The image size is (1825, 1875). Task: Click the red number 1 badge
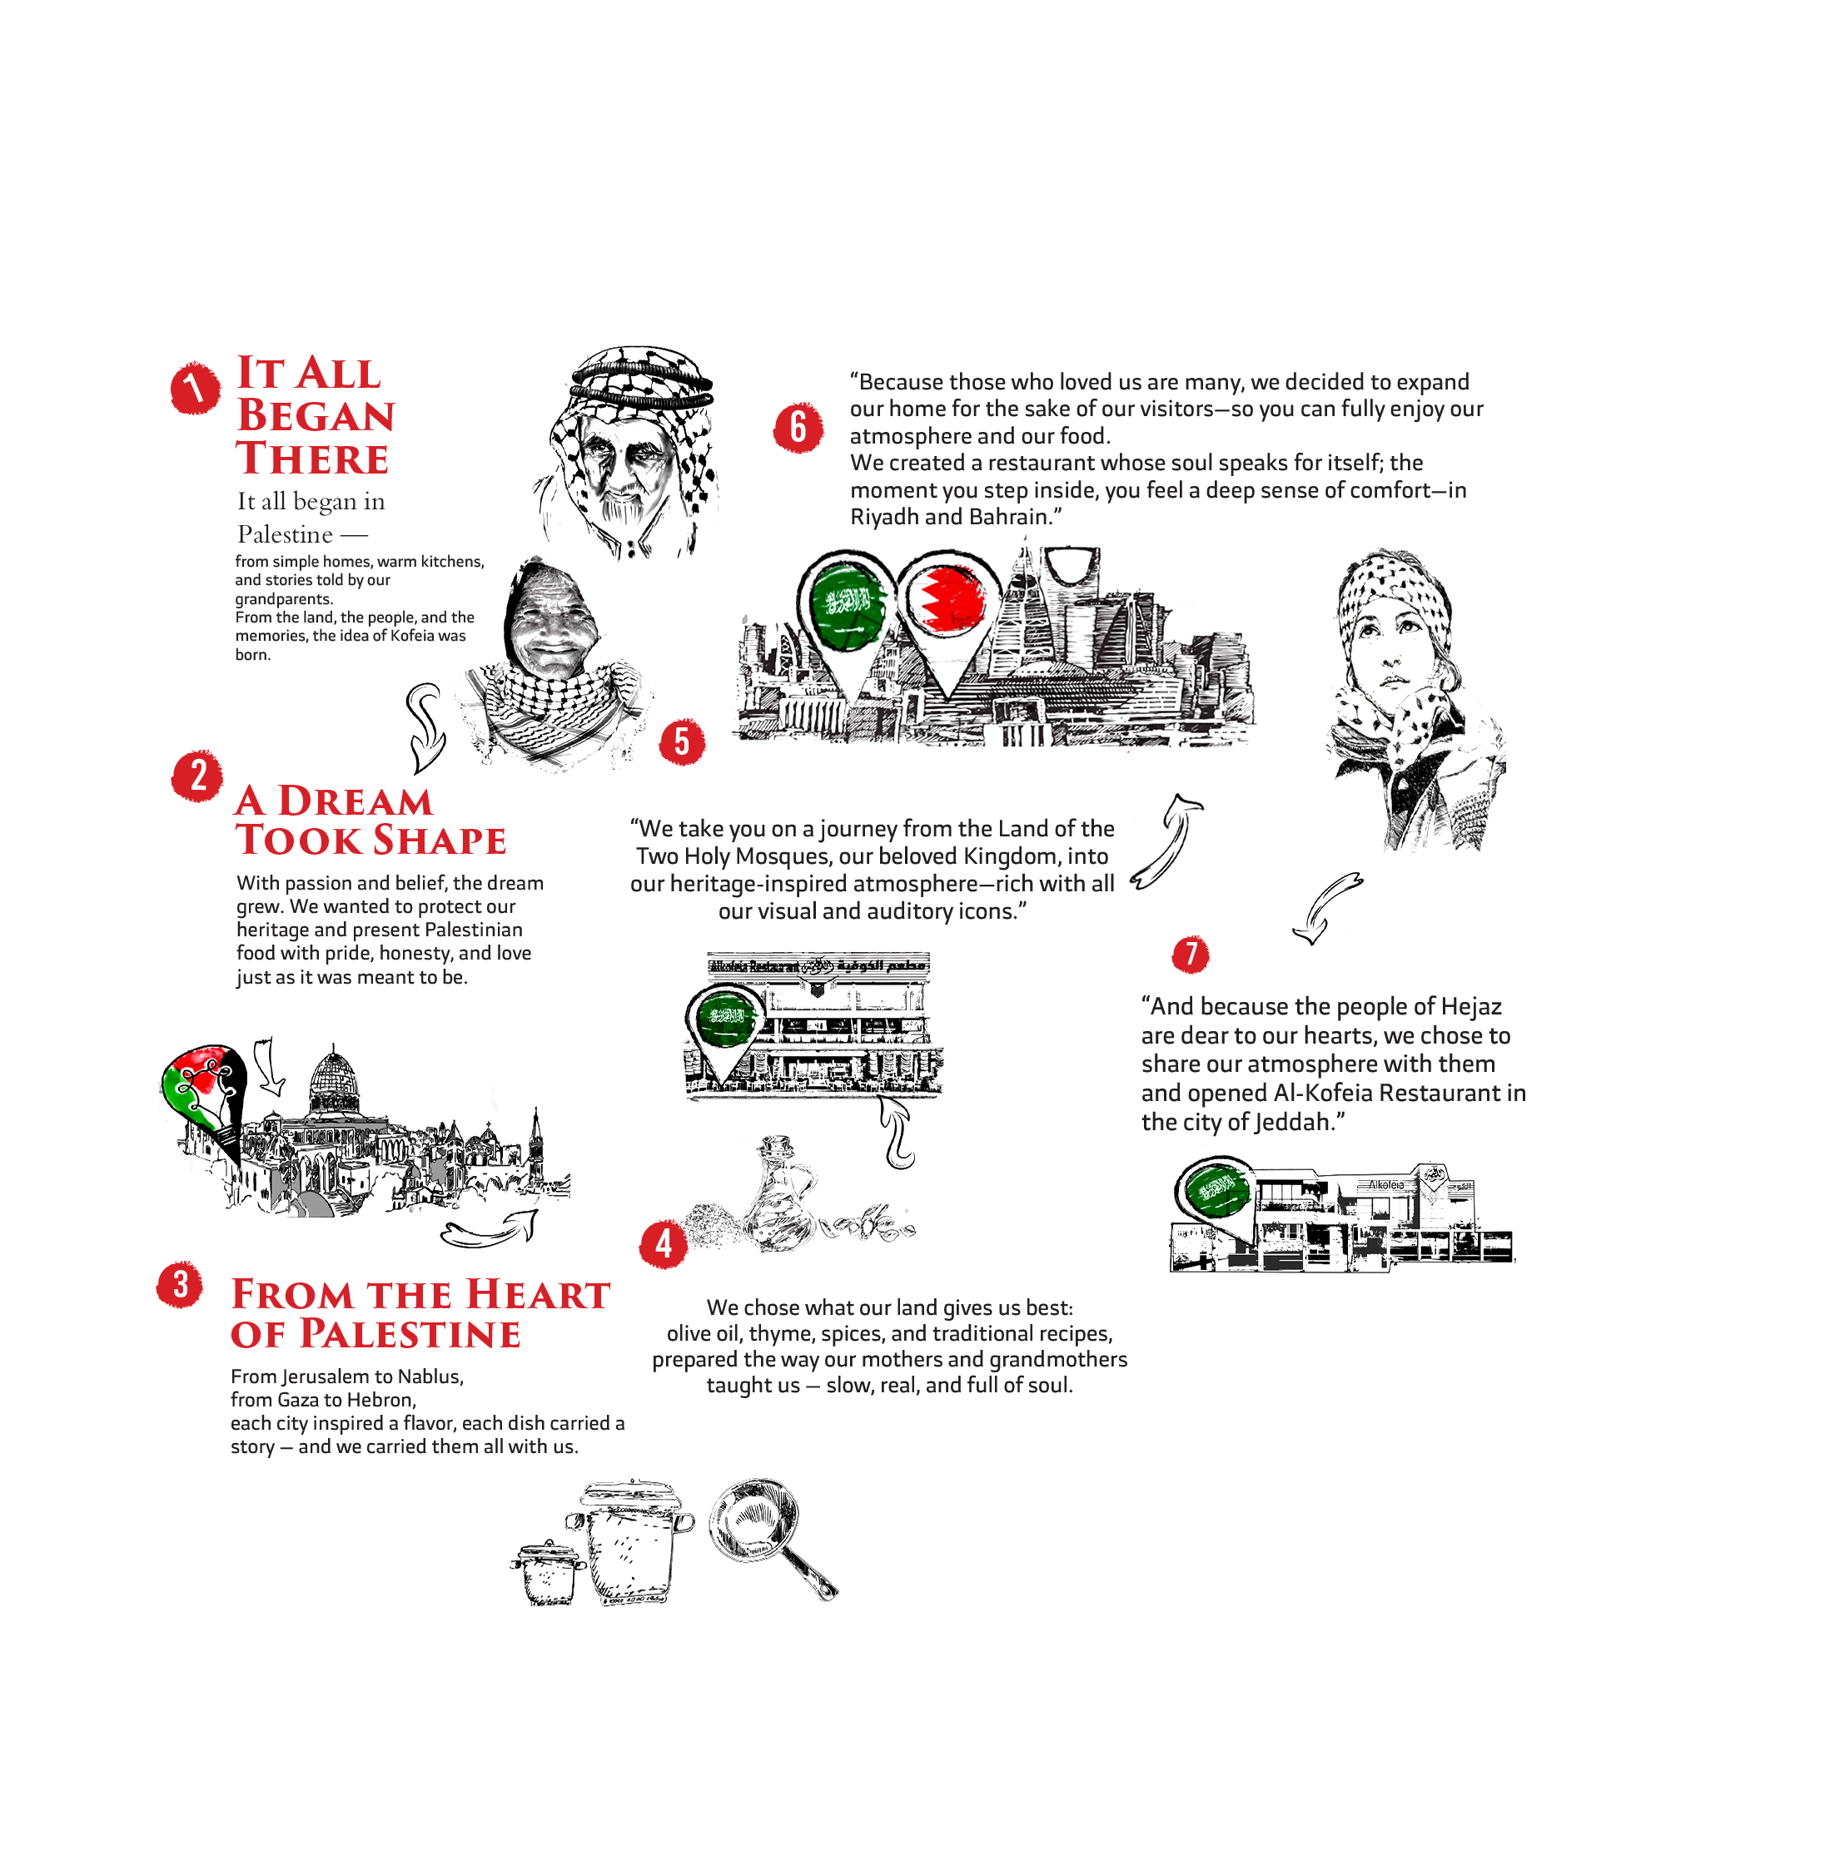[x=195, y=388]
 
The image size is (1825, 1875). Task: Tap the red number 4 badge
[x=664, y=1243]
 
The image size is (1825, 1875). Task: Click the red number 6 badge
[x=798, y=427]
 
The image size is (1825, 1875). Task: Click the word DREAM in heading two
[x=355, y=801]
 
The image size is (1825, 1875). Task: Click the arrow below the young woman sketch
[x=1326, y=905]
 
